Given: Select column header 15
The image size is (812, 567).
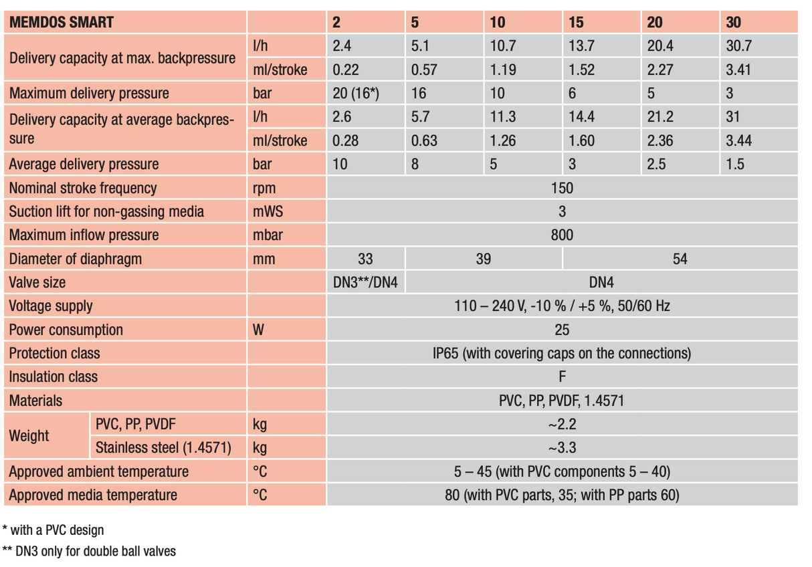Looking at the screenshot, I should pos(576,22).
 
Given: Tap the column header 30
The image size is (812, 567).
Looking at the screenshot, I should pos(734,22).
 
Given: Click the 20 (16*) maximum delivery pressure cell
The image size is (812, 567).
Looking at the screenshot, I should pos(356,93).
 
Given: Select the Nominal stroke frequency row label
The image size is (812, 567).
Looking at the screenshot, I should pos(83,188).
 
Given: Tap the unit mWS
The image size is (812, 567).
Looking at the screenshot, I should pos(268,211).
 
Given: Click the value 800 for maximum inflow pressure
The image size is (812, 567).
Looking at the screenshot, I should pos(562,235).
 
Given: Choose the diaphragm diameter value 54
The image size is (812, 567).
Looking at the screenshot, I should pos(680,259).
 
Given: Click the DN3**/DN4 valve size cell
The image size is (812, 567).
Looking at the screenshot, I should pos(365,282).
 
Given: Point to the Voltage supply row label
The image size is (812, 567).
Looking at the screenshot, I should pos(51,306).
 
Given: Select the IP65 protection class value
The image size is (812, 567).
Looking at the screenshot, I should pos(562,353).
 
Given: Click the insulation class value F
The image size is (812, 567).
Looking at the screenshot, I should pos(562,376).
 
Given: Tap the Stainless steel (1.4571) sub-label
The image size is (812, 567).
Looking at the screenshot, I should pos(164,448).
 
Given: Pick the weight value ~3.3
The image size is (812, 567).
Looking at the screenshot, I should pos(562,448).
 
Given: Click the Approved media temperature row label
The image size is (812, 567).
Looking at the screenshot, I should pos(93,495).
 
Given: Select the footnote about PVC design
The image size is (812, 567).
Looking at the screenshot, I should pos(54,530).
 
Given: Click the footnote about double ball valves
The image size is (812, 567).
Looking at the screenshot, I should pos(89,552).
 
